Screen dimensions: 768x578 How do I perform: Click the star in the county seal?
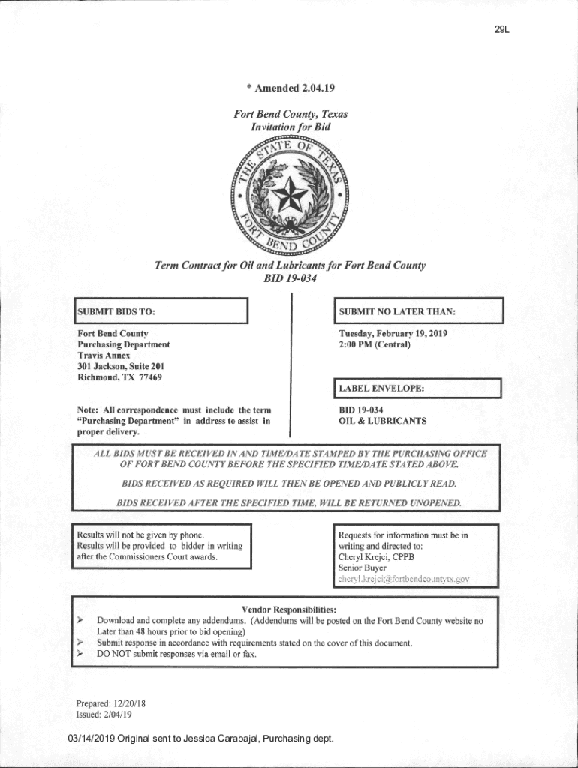click(289, 197)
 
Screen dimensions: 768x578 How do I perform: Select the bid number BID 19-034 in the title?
click(290, 278)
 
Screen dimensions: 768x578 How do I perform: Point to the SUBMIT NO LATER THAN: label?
click(398, 311)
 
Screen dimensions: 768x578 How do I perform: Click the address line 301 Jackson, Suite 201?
click(121, 366)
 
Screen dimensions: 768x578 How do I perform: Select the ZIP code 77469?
click(149, 376)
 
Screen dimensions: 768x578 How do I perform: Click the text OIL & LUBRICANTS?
click(383, 421)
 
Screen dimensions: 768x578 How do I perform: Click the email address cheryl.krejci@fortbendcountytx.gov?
click(404, 579)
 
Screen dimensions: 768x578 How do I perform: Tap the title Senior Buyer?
click(363, 568)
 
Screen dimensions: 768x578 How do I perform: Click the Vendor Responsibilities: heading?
click(289, 610)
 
